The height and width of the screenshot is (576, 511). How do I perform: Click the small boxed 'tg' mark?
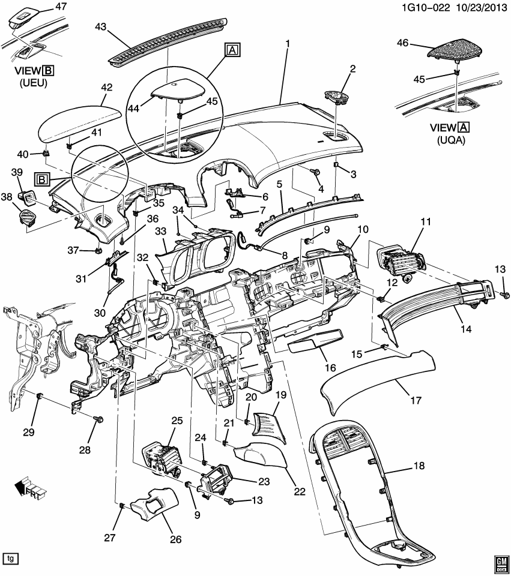(x=10, y=558)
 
